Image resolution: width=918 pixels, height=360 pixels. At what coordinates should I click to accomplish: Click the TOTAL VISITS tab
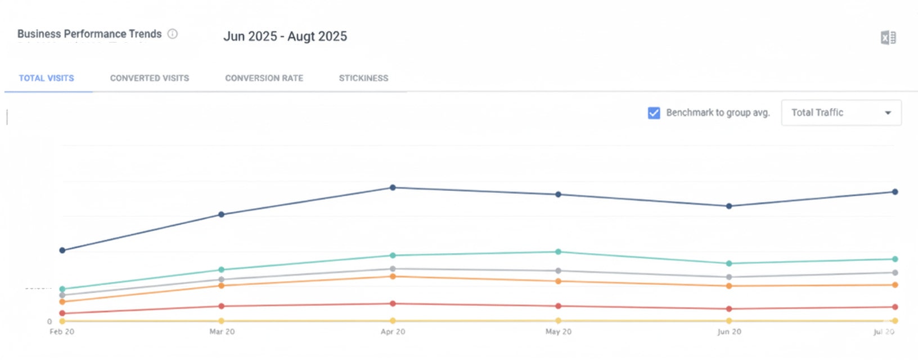[x=47, y=78]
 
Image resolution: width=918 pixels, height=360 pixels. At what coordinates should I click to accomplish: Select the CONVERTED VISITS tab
[x=150, y=78]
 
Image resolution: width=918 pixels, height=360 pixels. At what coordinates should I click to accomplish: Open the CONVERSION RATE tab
[x=264, y=78]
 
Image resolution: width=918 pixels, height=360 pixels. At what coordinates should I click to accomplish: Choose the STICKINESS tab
[x=363, y=78]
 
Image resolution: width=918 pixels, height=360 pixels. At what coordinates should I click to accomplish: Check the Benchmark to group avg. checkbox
[x=654, y=113]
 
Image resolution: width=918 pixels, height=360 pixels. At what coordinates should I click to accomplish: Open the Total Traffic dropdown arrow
[x=888, y=113]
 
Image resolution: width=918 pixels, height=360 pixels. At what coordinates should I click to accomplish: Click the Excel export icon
[x=888, y=38]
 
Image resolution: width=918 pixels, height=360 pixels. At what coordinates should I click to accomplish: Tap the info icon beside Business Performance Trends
[x=173, y=34]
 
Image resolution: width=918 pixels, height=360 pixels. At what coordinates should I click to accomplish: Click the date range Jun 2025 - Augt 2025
[x=285, y=37]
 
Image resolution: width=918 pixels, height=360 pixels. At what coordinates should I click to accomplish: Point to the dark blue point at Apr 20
[x=393, y=188]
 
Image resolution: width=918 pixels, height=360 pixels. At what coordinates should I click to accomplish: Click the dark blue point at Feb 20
[x=62, y=250]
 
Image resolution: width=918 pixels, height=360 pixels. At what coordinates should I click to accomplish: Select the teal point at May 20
[x=558, y=252]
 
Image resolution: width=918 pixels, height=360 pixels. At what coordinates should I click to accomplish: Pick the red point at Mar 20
[x=221, y=306]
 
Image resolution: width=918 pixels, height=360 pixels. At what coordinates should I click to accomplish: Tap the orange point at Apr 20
[x=393, y=277]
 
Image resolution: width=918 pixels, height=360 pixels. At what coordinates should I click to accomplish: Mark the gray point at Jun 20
[x=729, y=277]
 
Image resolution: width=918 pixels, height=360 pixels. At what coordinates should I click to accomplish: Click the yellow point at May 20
[x=558, y=321]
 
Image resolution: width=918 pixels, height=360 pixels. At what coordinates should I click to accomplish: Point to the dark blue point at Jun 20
[x=729, y=206]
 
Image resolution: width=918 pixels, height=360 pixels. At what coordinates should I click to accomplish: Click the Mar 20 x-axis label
[x=222, y=332]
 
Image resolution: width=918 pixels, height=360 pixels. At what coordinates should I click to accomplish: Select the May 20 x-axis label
[x=558, y=332]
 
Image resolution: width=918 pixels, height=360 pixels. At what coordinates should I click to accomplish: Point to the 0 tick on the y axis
[x=49, y=322]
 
